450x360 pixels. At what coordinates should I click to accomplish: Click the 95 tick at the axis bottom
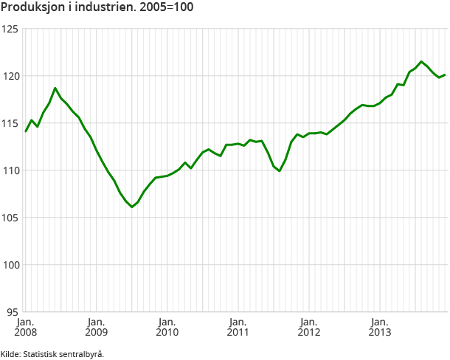tap(12, 312)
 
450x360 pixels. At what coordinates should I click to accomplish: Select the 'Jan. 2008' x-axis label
tap(25, 327)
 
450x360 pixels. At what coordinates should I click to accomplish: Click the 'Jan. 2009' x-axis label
tap(96, 327)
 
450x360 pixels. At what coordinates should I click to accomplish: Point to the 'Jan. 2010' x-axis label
tap(167, 327)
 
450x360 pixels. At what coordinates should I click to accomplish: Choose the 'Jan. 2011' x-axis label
tap(238, 327)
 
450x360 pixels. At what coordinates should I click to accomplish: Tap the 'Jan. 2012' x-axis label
tap(308, 327)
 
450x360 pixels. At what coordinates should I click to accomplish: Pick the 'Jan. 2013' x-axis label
tap(379, 327)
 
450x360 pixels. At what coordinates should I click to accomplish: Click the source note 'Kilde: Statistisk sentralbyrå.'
tap(52, 354)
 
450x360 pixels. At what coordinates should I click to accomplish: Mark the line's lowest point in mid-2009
tap(132, 207)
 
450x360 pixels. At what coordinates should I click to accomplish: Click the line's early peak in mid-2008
tap(55, 88)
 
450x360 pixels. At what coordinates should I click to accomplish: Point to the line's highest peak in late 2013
tap(421, 61)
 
